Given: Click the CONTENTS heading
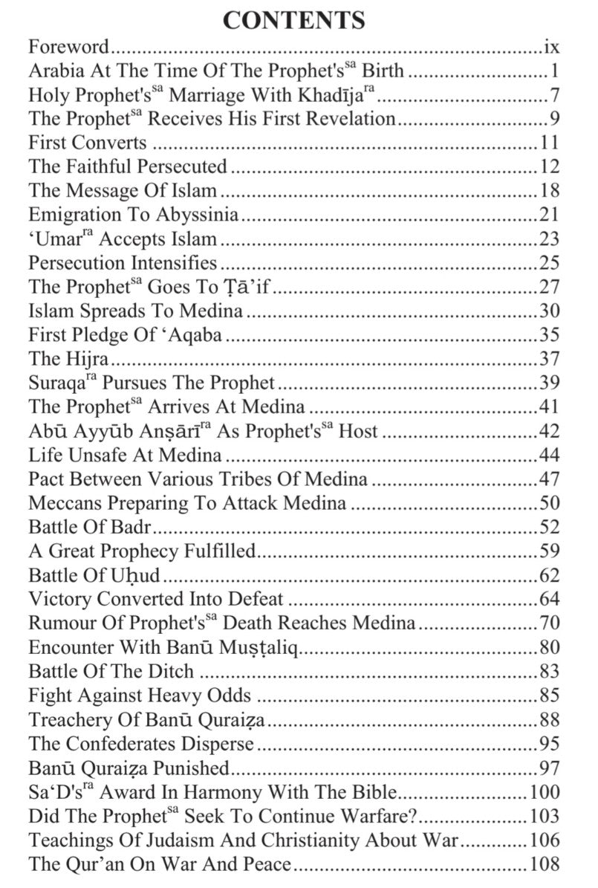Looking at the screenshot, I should pos(294,20).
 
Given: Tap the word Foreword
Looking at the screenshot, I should pos(69,48).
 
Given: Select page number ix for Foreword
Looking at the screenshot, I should pos(550,48).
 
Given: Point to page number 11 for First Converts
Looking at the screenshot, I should pos(548,143).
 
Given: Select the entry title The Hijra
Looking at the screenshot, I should pos(68,359).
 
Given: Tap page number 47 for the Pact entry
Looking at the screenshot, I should pos(548,479).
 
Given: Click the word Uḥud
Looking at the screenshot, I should pos(134,575).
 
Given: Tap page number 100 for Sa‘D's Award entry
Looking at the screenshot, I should pos(543,792).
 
